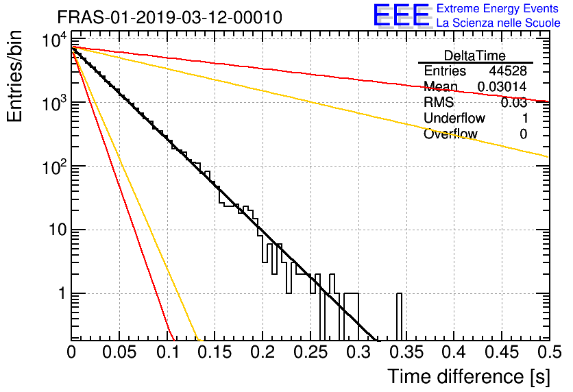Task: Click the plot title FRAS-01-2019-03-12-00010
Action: [169, 17]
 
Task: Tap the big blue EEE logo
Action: [401, 16]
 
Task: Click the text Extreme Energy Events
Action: [498, 8]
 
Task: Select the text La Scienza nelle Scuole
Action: [498, 23]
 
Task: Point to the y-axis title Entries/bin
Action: [14, 76]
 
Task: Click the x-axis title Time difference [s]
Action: [469, 377]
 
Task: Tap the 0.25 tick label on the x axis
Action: [310, 352]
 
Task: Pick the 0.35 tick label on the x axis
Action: [406, 352]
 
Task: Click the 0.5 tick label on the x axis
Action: [549, 352]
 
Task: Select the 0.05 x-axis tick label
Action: [119, 352]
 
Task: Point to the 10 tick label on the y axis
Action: [58, 230]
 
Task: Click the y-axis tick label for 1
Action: [62, 293]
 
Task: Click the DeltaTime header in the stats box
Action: [475, 56]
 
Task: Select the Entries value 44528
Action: [508, 71]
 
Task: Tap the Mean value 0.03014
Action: [502, 86]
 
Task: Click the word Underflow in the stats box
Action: [454, 118]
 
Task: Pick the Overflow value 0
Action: [523, 134]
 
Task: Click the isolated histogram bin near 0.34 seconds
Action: [399, 317]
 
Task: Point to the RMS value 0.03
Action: [514, 102]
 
